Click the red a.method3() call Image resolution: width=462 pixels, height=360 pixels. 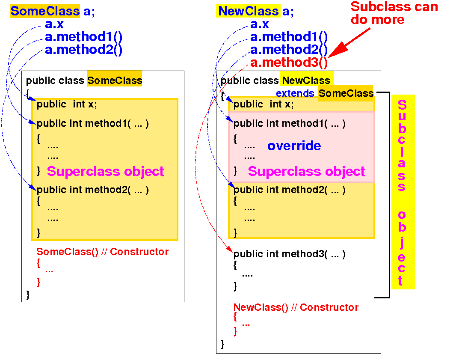[289, 63]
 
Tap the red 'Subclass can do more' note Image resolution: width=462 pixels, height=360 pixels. [394, 13]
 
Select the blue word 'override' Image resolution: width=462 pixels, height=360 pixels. [294, 146]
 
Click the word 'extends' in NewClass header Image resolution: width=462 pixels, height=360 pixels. [295, 93]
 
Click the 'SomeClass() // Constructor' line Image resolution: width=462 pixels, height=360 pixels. [102, 252]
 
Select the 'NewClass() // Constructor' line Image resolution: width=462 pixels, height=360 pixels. [296, 307]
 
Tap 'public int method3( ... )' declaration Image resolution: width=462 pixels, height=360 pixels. [289, 254]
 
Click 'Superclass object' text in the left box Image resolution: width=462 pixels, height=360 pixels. [105, 171]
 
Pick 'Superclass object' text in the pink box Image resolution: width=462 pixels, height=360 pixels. [306, 171]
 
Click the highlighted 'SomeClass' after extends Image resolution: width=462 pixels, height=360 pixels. [346, 93]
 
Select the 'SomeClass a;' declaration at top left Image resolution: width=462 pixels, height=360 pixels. [52, 11]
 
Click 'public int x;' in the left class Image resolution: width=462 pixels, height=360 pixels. [67, 104]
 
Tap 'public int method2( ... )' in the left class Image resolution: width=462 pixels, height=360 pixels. [92, 190]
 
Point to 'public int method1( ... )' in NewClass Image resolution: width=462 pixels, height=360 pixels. [289, 124]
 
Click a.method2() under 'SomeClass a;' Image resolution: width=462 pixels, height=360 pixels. [83, 50]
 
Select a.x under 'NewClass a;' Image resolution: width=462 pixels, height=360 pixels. [260, 24]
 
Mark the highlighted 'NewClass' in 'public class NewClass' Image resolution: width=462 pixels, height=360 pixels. [306, 80]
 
